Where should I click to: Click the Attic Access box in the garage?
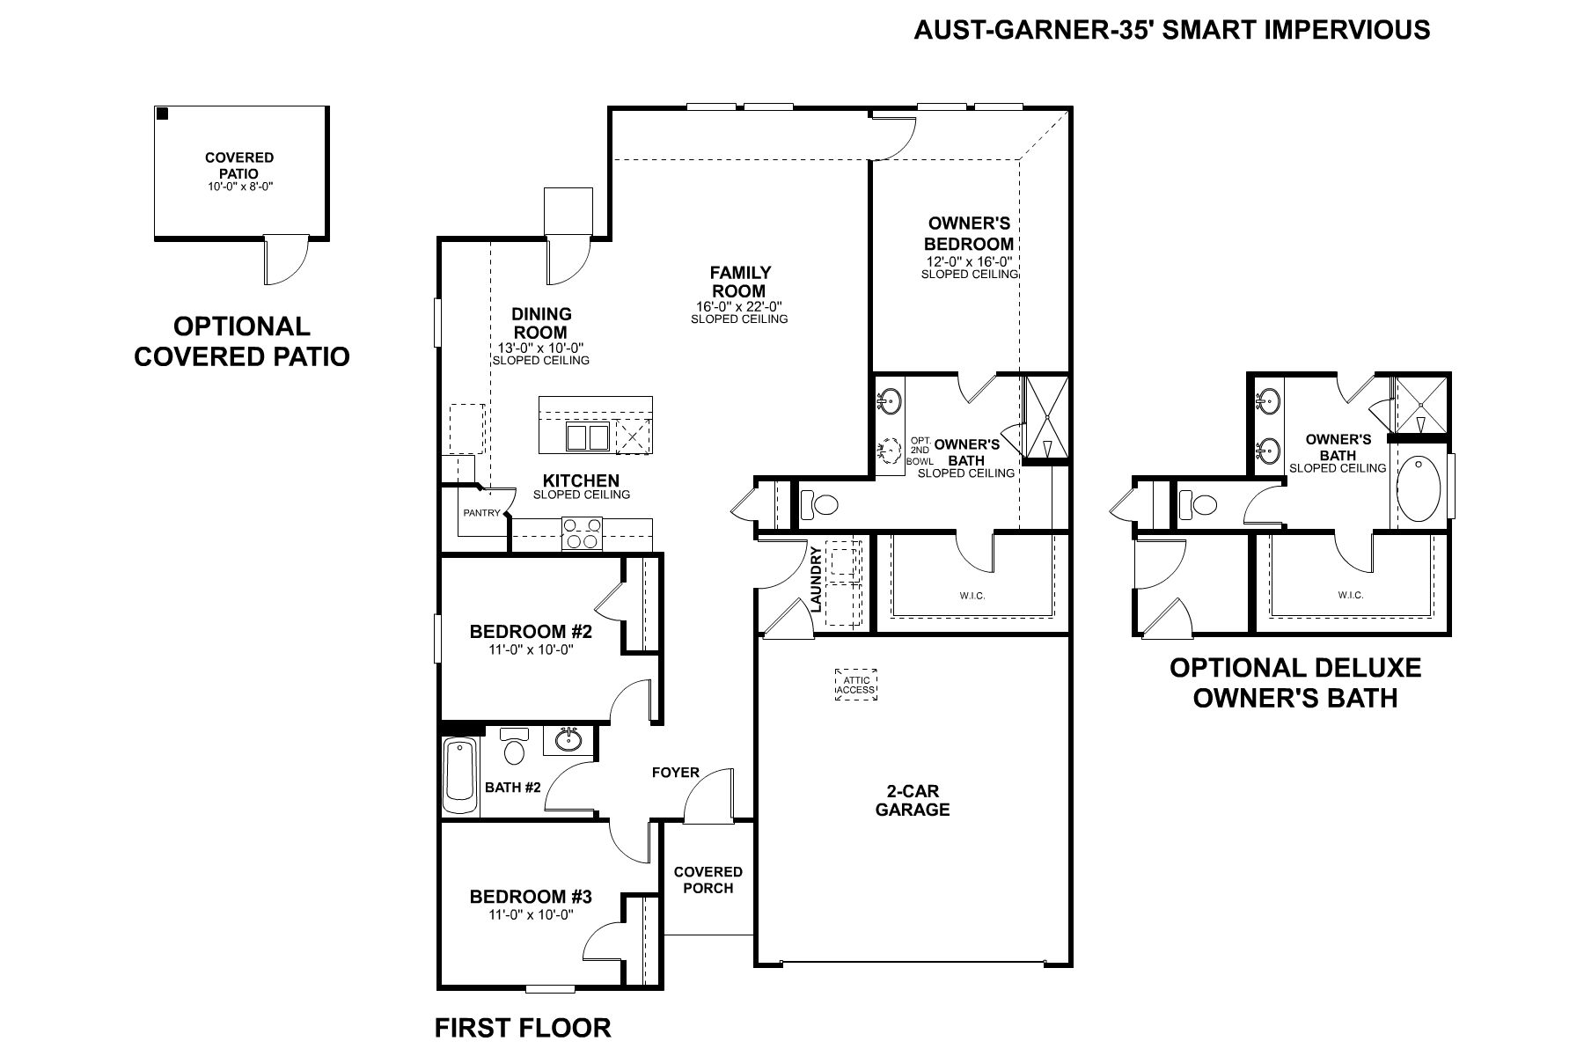pyautogui.click(x=855, y=685)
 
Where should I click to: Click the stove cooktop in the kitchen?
pyautogui.click(x=582, y=534)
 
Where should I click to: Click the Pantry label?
pyautogui.click(x=481, y=513)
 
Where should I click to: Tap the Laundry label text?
pyautogui.click(x=816, y=580)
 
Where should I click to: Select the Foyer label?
pyautogui.click(x=676, y=773)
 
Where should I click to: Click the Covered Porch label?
pyautogui.click(x=708, y=880)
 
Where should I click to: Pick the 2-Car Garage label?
pyautogui.click(x=913, y=801)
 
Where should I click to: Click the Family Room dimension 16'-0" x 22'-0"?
pyautogui.click(x=739, y=306)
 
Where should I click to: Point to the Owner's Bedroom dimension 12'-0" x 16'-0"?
pyautogui.click(x=969, y=261)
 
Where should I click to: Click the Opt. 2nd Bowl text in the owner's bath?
pyautogui.click(x=920, y=450)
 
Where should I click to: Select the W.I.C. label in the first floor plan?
pyautogui.click(x=972, y=596)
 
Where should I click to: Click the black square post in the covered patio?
pyautogui.click(x=162, y=113)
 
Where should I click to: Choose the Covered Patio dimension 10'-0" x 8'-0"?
pyautogui.click(x=240, y=187)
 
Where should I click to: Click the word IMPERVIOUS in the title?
pyautogui.click(x=1347, y=30)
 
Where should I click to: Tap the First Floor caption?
pyautogui.click(x=523, y=1028)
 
